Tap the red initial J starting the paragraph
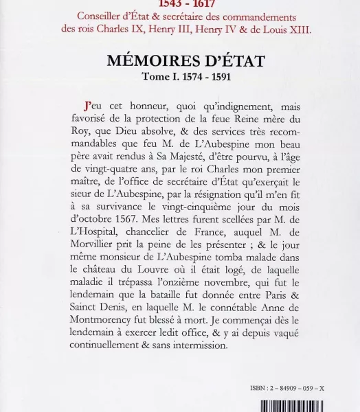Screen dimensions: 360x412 click(87, 106)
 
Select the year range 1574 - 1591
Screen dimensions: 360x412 click(205, 77)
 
